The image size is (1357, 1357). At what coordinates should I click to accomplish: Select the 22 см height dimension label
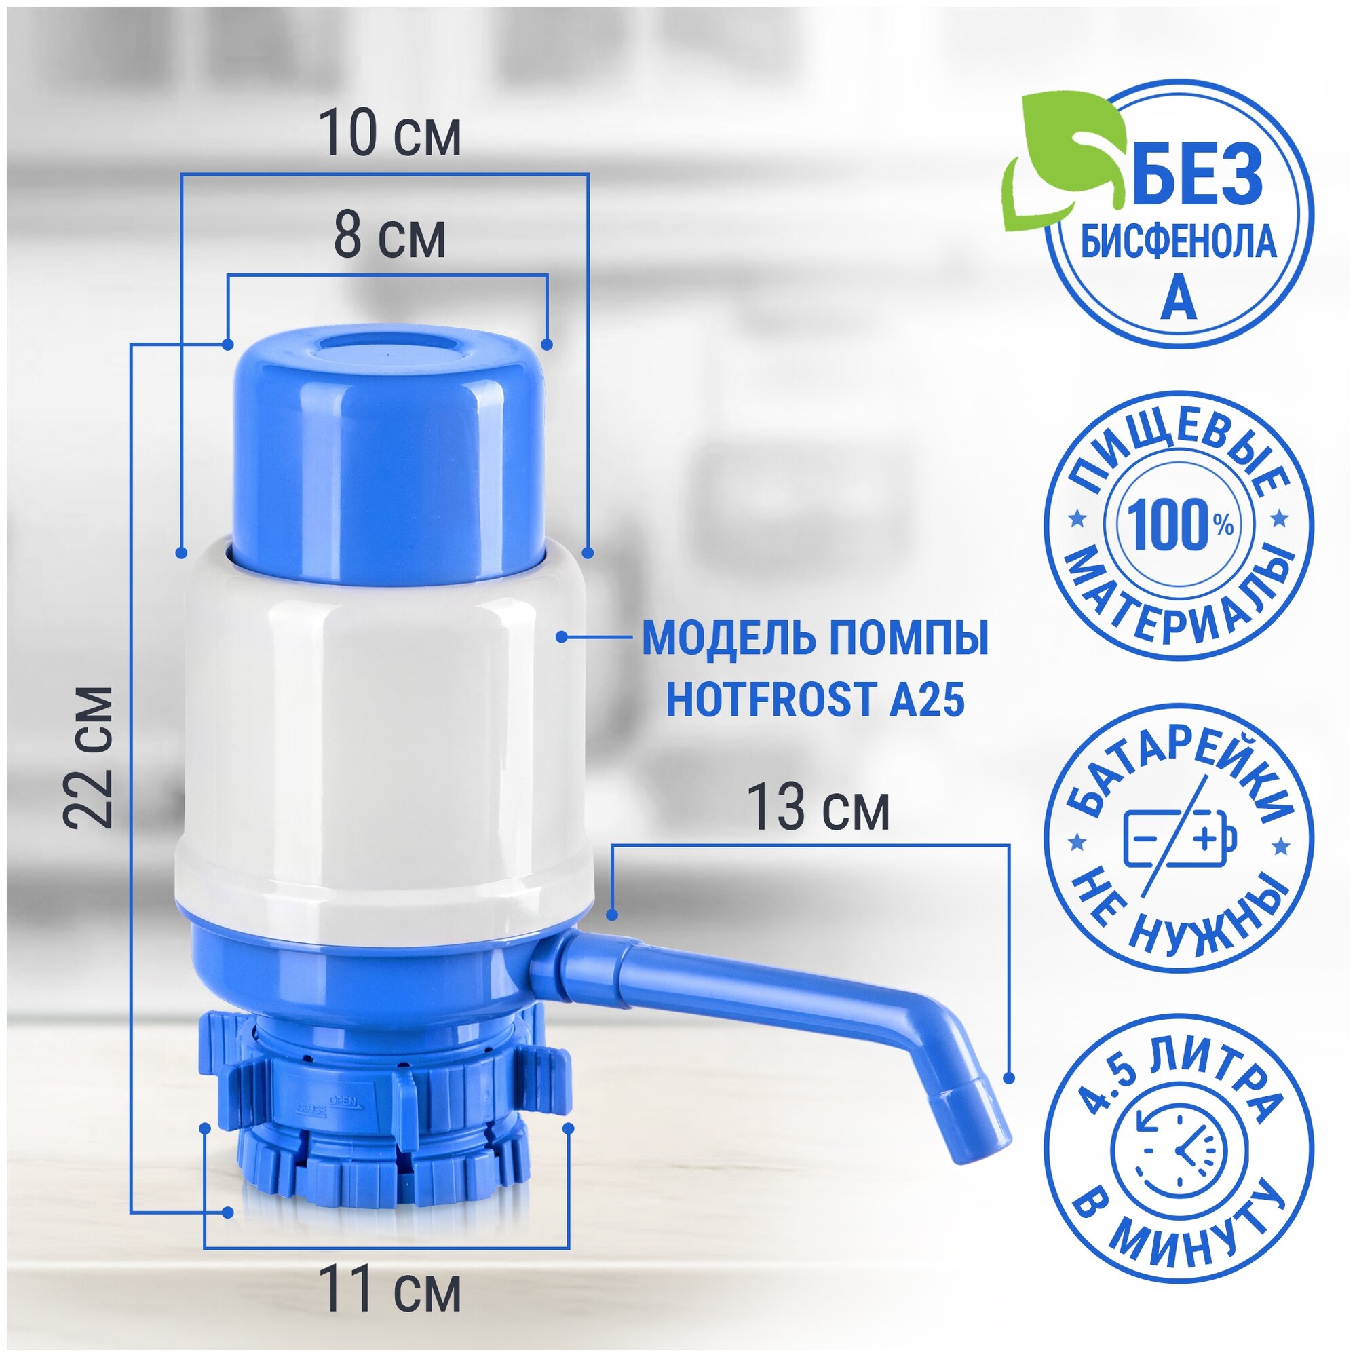[88, 758]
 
